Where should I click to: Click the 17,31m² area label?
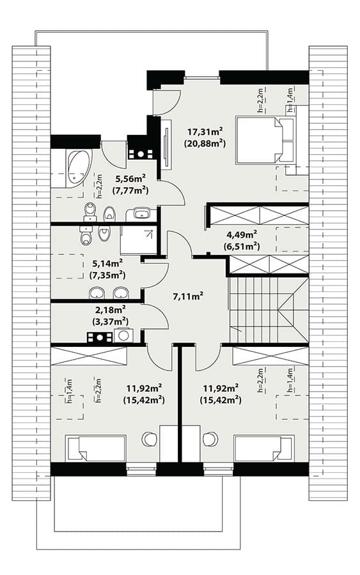click(x=205, y=131)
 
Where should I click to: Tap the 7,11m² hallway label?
click(x=188, y=296)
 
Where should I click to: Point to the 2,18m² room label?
click(x=111, y=310)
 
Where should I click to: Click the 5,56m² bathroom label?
click(x=130, y=179)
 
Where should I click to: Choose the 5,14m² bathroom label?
click(x=107, y=263)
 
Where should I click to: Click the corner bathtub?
click(x=78, y=168)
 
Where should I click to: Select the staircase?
click(x=269, y=309)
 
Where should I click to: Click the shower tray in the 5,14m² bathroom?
click(x=138, y=240)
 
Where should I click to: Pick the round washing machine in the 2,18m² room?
click(x=123, y=335)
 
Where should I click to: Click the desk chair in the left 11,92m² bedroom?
click(x=150, y=439)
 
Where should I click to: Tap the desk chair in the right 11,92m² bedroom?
click(x=210, y=439)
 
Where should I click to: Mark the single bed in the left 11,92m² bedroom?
click(x=95, y=448)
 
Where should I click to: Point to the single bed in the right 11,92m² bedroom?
click(x=264, y=448)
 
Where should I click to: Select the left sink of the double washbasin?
click(x=97, y=293)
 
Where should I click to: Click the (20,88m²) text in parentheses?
click(x=205, y=144)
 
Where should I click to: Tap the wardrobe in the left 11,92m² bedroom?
click(x=88, y=356)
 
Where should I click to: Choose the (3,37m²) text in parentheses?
click(x=111, y=322)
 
